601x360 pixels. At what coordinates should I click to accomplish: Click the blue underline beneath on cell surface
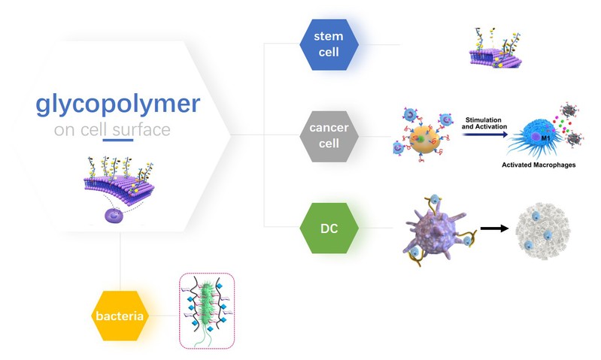tap(117, 140)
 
